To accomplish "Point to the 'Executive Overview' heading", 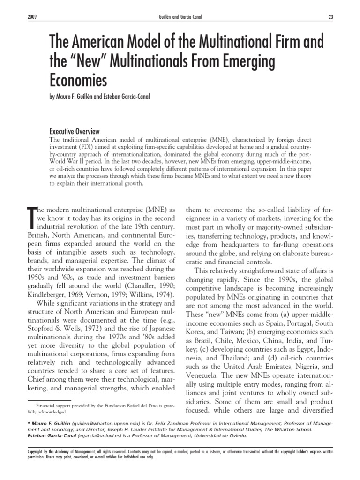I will click(75, 132).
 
